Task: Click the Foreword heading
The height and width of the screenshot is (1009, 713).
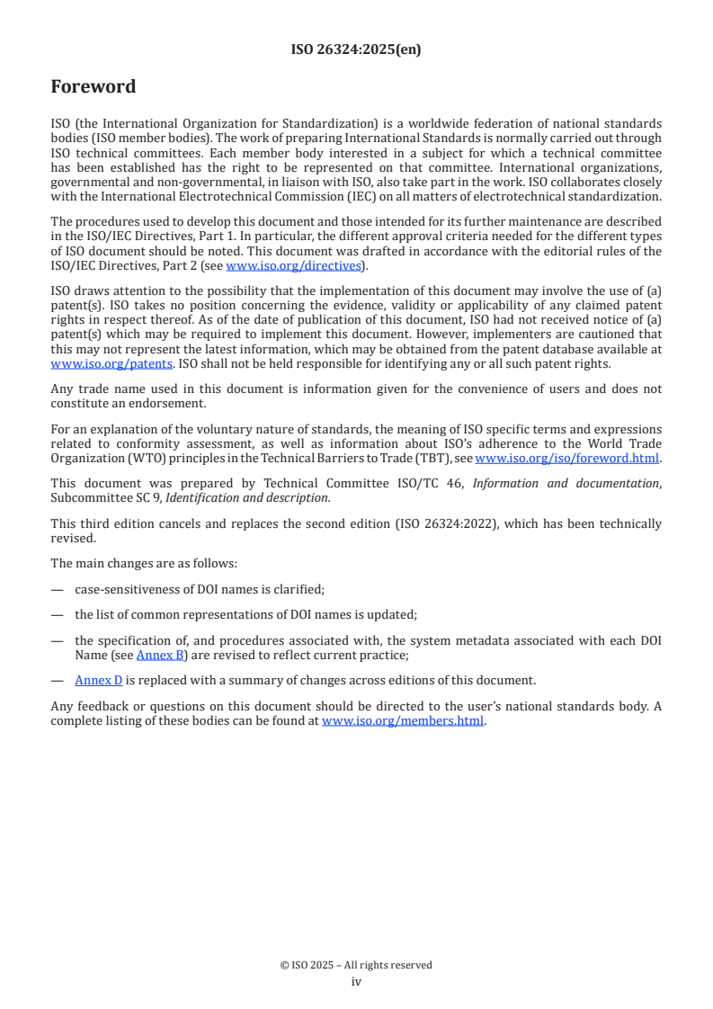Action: pos(94,87)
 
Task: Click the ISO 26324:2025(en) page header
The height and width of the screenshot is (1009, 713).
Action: pos(356,50)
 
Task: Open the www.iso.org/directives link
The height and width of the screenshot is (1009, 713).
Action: pos(293,265)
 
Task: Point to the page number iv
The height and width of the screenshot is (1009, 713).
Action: pos(356,982)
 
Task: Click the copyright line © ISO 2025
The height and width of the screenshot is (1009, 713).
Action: pos(356,965)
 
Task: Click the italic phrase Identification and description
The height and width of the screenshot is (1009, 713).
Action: pos(262,497)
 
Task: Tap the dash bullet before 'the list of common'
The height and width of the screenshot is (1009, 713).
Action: pos(57,614)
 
